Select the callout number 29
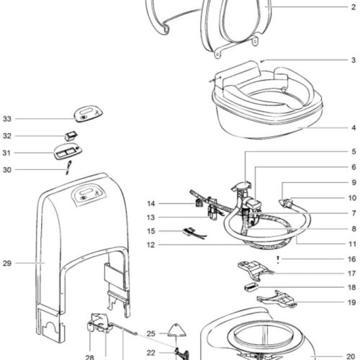[6, 264]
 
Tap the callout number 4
[354, 127]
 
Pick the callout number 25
[150, 333]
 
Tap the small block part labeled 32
[71, 135]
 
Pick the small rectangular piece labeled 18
[251, 287]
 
